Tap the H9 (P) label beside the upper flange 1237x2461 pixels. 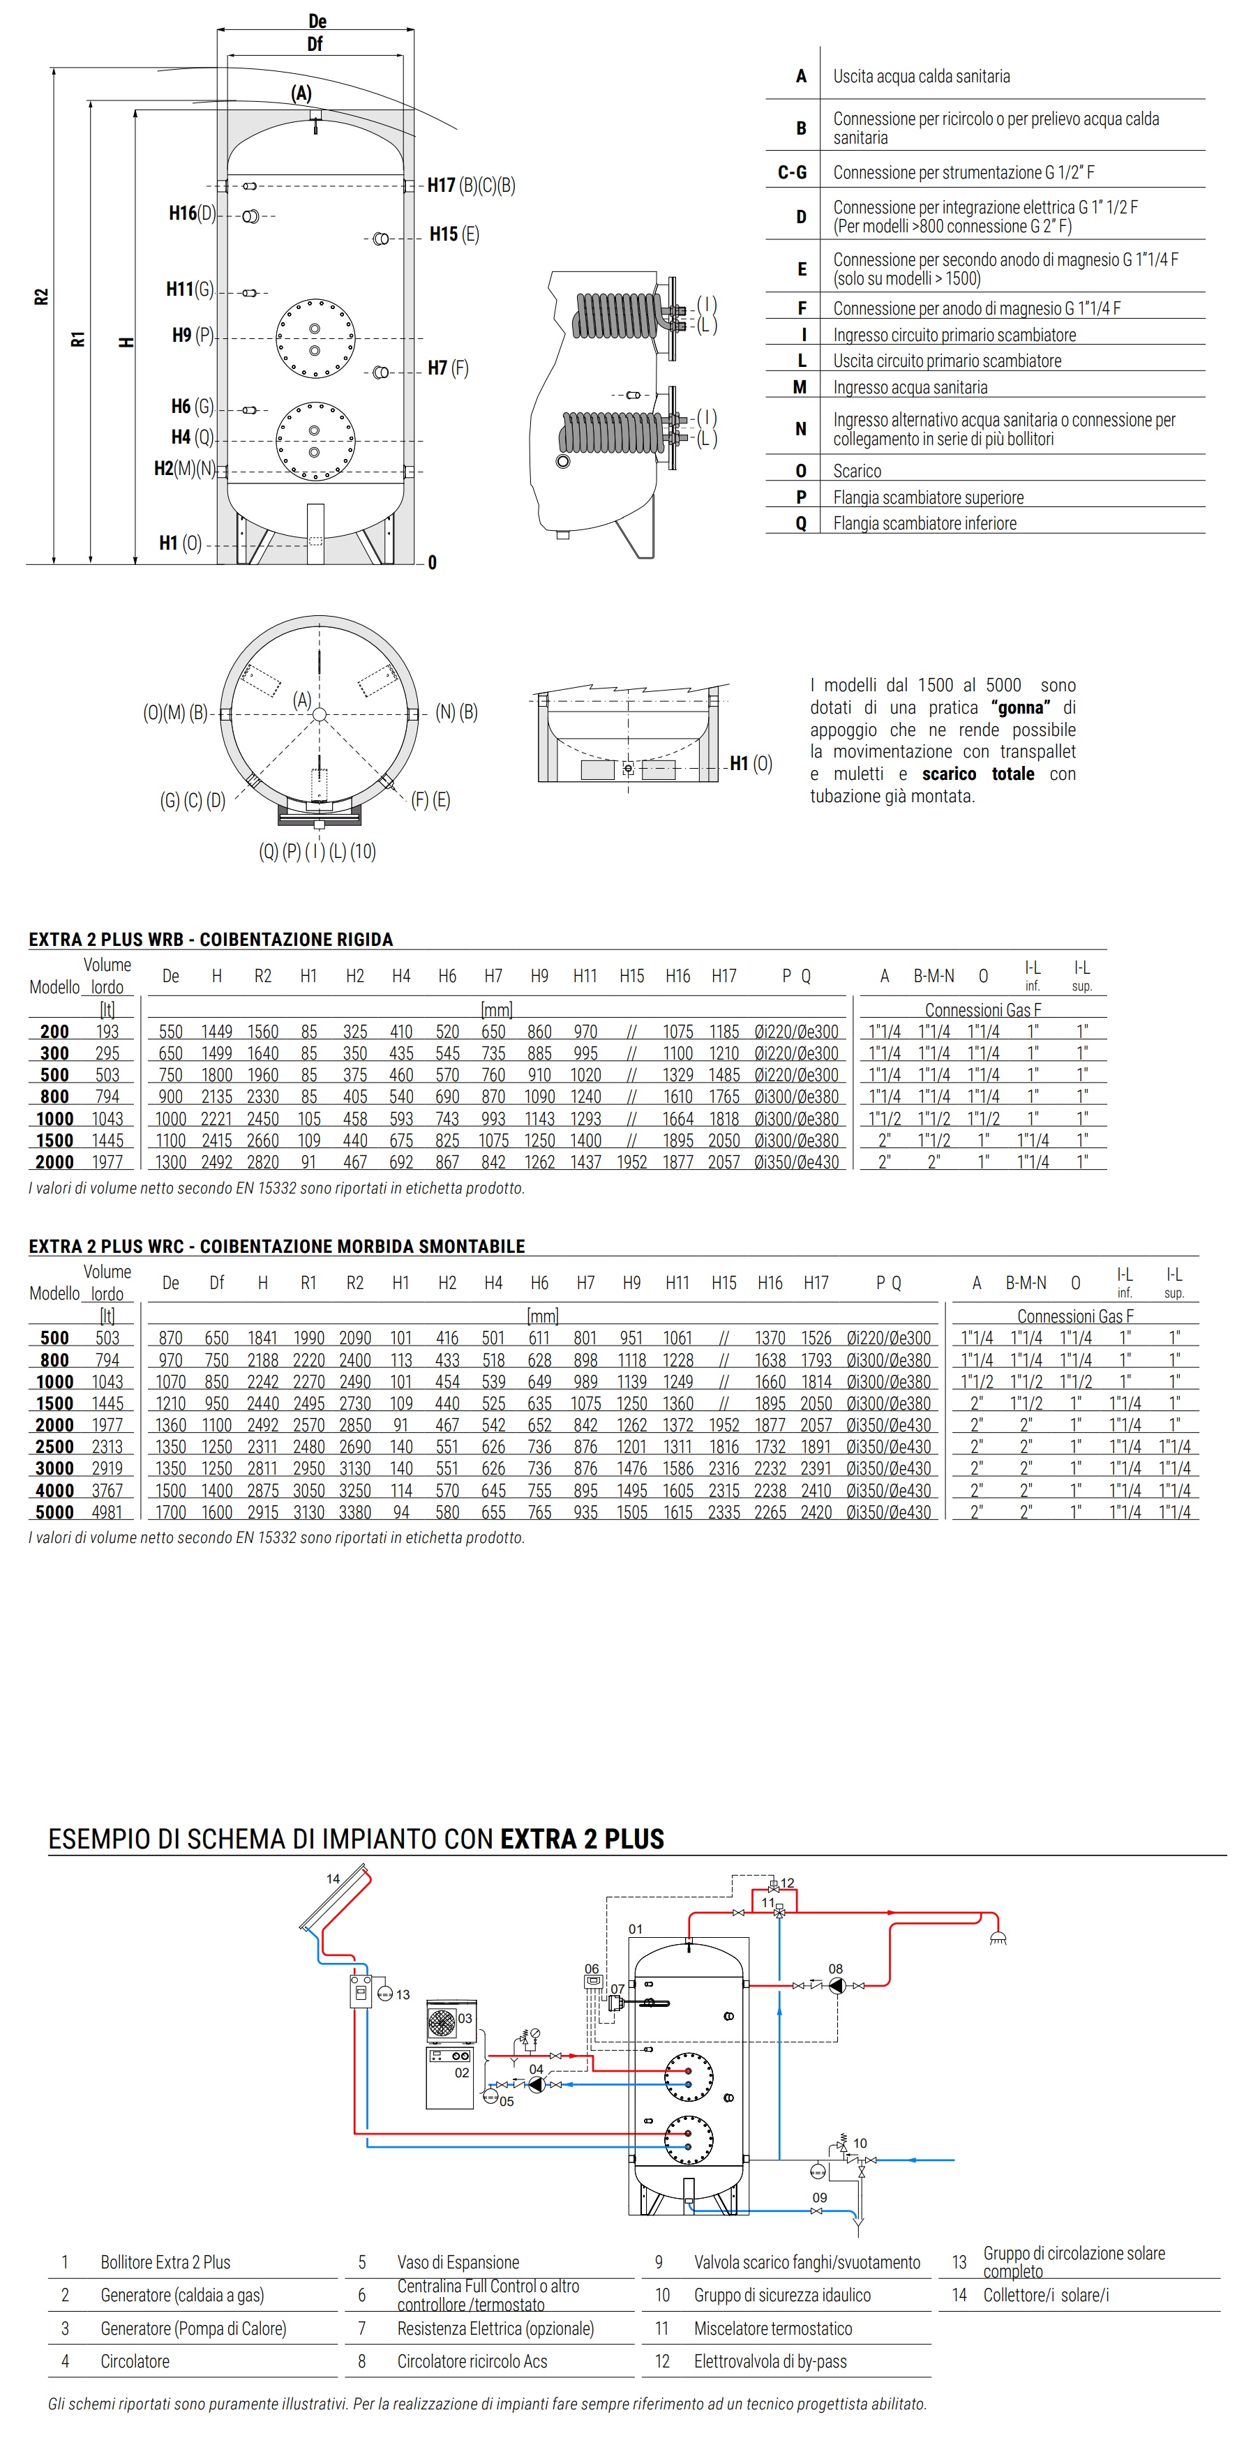[192, 336]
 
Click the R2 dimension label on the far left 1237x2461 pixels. [41, 296]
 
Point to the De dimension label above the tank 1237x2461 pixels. [317, 21]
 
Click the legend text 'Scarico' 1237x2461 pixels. [857, 471]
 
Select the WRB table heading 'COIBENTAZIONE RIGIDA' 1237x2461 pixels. [296, 939]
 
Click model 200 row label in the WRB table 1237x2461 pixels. [54, 1032]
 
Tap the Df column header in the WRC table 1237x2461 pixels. [217, 1283]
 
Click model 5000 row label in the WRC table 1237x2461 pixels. [54, 1512]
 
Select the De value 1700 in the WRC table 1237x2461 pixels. [171, 1512]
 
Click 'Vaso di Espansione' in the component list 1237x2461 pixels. [458, 2262]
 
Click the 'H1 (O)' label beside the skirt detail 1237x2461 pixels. [751, 763]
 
